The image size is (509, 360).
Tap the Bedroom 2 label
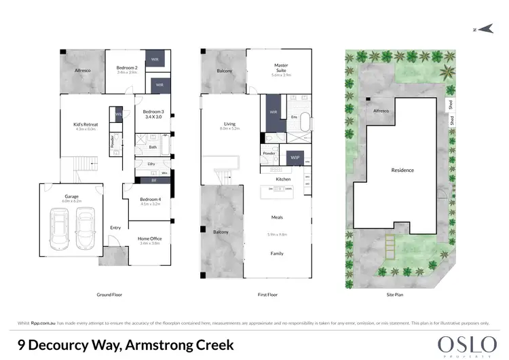coord(127,68)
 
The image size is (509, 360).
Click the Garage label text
coord(72,196)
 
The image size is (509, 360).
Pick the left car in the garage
coord(60,230)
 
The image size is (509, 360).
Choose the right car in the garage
coord(85,230)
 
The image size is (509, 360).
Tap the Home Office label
coord(149,239)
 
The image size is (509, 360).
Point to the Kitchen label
coord(283,179)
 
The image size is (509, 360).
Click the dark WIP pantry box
coord(295,158)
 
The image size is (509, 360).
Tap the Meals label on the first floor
coord(277,218)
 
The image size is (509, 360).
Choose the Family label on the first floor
coord(277,253)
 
